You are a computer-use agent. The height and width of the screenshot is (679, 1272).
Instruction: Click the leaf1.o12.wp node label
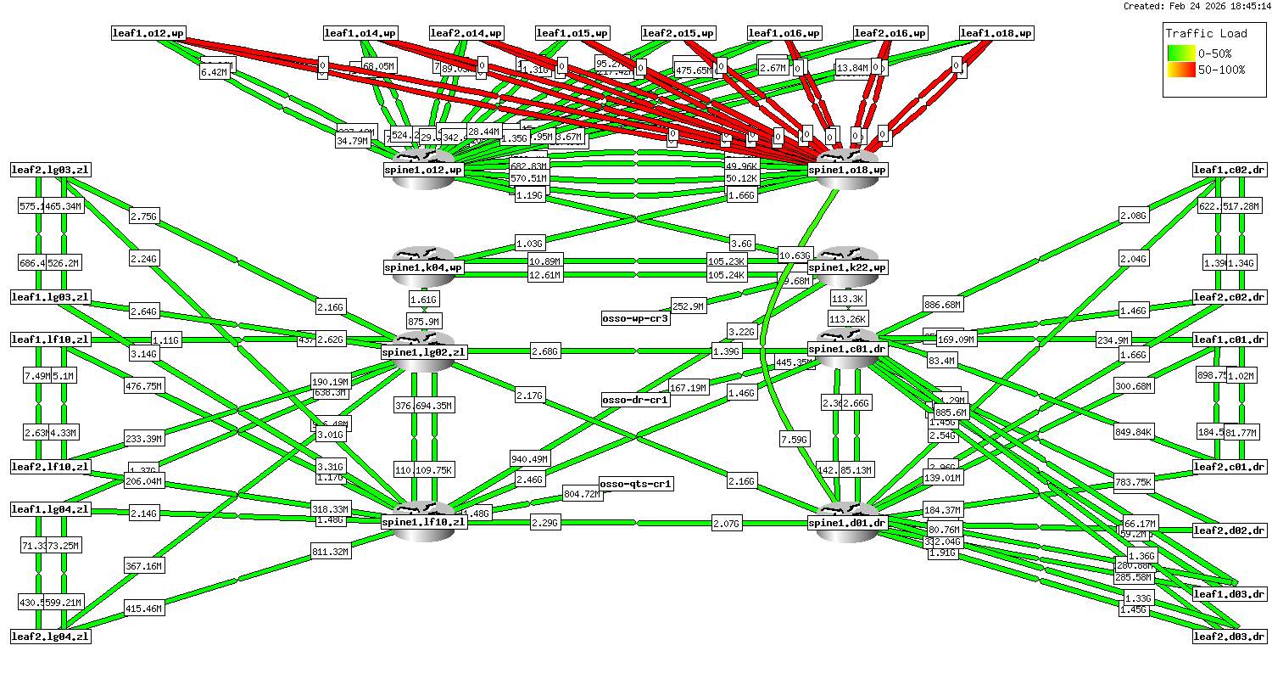point(148,33)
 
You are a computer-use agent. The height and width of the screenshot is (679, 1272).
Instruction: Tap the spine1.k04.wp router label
point(424,267)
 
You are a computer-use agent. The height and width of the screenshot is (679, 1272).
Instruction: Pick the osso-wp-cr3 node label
point(635,318)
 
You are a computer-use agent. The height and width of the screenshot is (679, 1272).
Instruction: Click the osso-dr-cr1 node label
point(635,399)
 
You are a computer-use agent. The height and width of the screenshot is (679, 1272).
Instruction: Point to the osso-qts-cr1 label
point(636,484)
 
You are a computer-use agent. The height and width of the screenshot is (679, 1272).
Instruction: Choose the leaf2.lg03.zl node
point(50,170)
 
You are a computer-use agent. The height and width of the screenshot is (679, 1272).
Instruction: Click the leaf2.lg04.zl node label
point(50,636)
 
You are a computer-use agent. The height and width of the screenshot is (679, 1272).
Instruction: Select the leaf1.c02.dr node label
point(1230,170)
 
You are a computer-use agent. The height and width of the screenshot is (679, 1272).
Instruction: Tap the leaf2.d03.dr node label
point(1230,636)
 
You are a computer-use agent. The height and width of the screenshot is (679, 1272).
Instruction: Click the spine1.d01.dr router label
point(848,523)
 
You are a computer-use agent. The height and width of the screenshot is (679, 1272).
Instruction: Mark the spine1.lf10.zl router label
point(424,522)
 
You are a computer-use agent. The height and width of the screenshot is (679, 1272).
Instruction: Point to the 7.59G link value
point(795,439)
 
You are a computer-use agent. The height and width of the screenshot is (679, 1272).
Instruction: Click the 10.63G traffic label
point(795,255)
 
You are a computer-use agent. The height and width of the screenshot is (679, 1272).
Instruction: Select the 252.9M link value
point(688,306)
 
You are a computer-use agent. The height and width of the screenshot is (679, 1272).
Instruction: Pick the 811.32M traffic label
point(330,552)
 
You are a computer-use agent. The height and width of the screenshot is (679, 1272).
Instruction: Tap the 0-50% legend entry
point(1221,53)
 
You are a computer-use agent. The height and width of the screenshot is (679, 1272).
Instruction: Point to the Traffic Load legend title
point(1206,33)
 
